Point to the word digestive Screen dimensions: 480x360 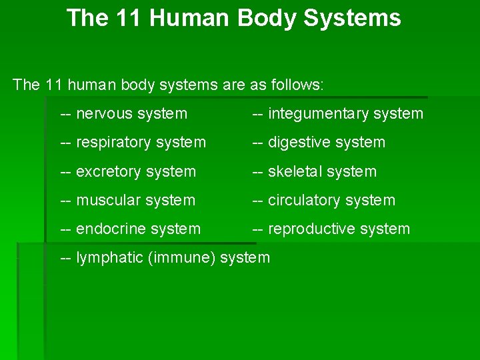pyautogui.click(x=298, y=143)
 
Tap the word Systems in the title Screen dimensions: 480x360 pyautogui.click(x=352, y=18)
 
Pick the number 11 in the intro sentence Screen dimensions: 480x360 pyautogui.click(x=53, y=85)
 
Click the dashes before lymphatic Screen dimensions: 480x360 pyautogui.click(x=66, y=258)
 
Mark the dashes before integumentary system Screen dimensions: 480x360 pyautogui.click(x=257, y=114)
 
